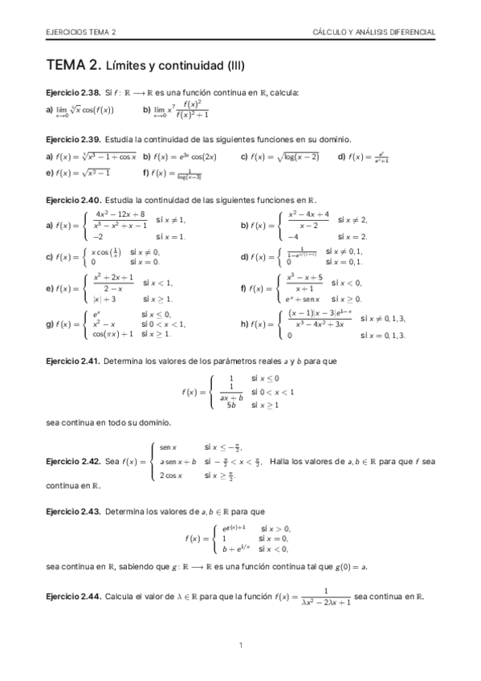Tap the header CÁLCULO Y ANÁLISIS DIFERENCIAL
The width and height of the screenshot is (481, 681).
pyautogui.click(x=374, y=32)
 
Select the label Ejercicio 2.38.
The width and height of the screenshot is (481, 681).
pyautogui.click(x=72, y=93)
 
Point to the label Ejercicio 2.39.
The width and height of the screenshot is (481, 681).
pyautogui.click(x=72, y=139)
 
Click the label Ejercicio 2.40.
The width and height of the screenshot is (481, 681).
pyautogui.click(x=72, y=199)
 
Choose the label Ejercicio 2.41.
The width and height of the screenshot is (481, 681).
pyautogui.click(x=72, y=361)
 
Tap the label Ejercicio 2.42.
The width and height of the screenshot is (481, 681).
pyautogui.click(x=72, y=462)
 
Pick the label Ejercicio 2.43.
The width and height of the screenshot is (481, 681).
pyautogui.click(x=72, y=511)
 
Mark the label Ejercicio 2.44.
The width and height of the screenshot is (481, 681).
pyautogui.click(x=72, y=597)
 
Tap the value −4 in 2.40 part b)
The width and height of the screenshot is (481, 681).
pyautogui.click(x=296, y=237)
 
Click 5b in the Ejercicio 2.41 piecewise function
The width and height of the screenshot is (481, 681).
pyautogui.click(x=231, y=406)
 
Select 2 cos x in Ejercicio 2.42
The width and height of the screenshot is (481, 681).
pyautogui.click(x=172, y=475)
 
